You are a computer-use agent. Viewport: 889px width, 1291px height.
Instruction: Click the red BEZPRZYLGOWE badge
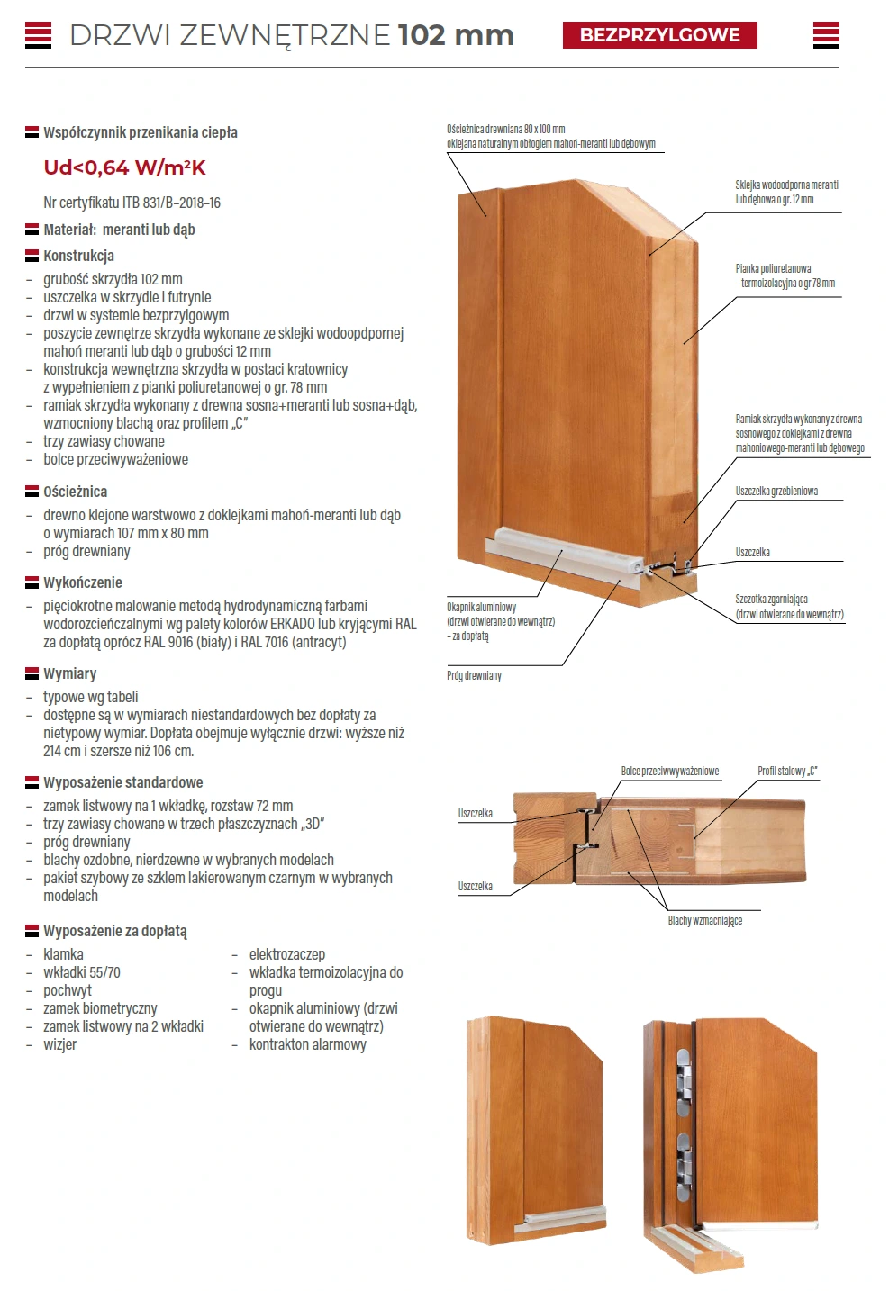[x=659, y=35]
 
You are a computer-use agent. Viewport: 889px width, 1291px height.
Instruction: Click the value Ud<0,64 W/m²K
[x=124, y=167]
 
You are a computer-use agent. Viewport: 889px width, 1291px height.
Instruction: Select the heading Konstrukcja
[x=78, y=256]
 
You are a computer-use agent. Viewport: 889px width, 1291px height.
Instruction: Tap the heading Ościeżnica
[x=75, y=492]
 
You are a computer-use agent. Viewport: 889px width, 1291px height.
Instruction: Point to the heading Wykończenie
[x=82, y=582]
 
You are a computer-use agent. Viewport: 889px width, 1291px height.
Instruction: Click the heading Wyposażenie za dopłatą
[x=114, y=931]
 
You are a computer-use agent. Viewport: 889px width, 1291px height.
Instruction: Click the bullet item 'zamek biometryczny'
[x=100, y=1008]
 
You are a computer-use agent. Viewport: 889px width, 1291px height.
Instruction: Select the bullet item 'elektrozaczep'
[x=286, y=954]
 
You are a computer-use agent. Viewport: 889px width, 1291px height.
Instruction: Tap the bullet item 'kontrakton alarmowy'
[x=307, y=1044]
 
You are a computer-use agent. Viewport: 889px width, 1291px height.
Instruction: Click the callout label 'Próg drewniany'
[x=474, y=675]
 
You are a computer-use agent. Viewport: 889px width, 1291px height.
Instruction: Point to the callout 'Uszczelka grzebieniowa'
[x=776, y=492]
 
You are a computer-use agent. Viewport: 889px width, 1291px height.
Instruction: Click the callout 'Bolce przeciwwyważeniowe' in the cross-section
[x=669, y=772]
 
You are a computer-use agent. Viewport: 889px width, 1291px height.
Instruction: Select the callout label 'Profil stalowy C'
[x=787, y=772]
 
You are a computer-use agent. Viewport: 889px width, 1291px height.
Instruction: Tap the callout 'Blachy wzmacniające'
[x=704, y=920]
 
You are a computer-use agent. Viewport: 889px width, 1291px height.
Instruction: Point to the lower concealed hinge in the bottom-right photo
[x=685, y=1157]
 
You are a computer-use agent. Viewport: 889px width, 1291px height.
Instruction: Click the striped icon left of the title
[x=38, y=35]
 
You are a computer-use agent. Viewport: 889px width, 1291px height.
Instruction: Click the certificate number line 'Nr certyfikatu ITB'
[x=132, y=203]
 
